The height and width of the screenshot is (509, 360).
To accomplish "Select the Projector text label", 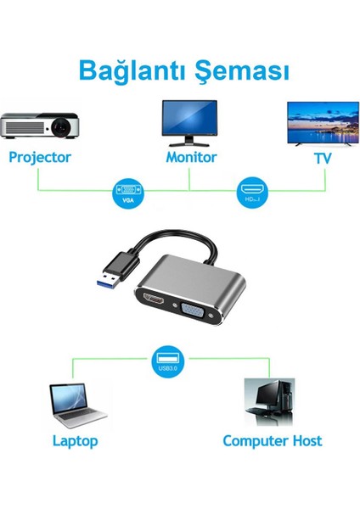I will [40, 158].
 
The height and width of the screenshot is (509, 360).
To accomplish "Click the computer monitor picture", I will [189, 121].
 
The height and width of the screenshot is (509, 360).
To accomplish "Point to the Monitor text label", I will [191, 158].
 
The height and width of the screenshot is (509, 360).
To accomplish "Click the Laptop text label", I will [75, 441].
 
